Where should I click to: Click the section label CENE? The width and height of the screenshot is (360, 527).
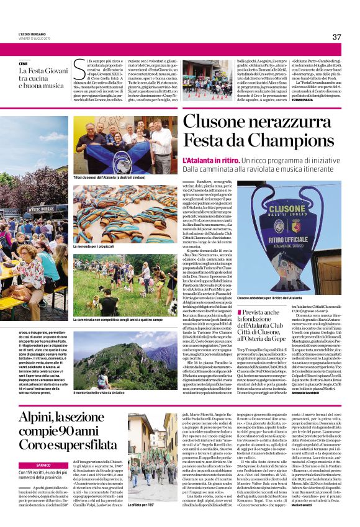[24, 64]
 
